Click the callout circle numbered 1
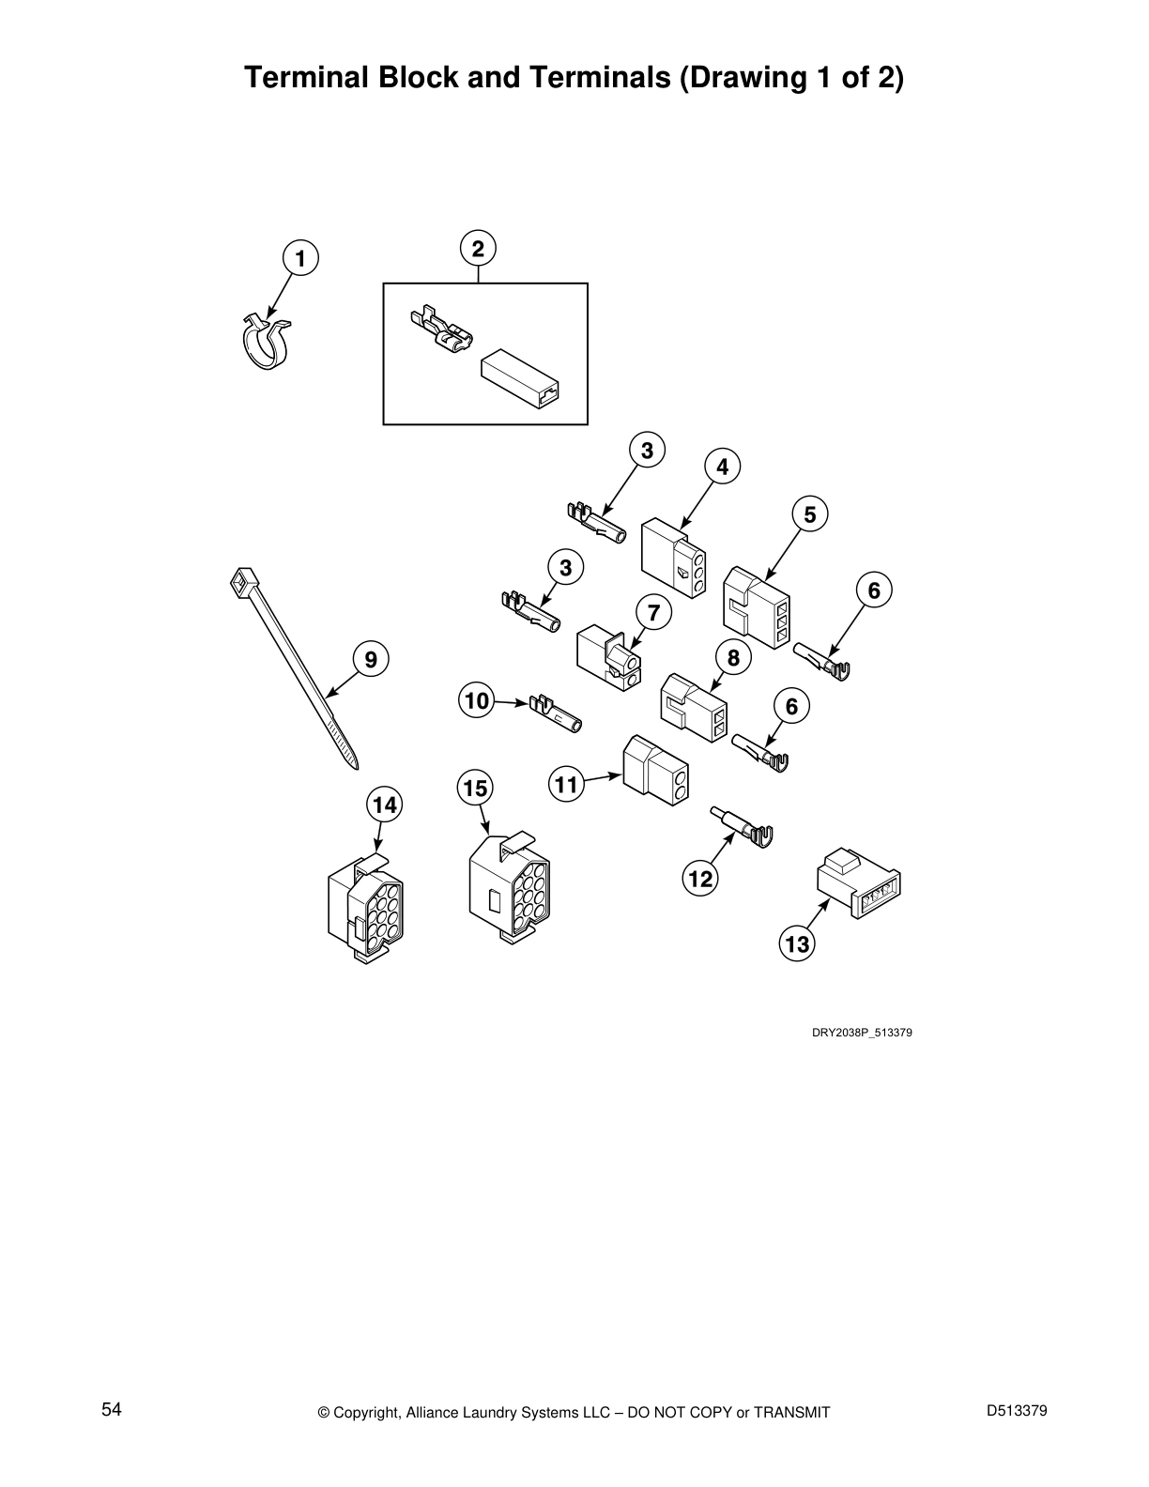pyautogui.click(x=300, y=258)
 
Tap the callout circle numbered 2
pyautogui.click(x=478, y=248)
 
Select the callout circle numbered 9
pyautogui.click(x=370, y=659)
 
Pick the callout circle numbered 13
pyautogui.click(x=797, y=943)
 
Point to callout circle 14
pyautogui.click(x=385, y=805)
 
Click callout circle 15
pyautogui.click(x=475, y=788)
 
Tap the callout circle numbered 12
pyautogui.click(x=700, y=878)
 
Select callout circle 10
pyautogui.click(x=476, y=700)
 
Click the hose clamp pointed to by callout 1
pyautogui.click(x=267, y=341)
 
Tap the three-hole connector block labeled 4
pyautogui.click(x=673, y=557)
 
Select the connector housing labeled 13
pyautogui.click(x=859, y=884)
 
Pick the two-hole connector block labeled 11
pyautogui.click(x=655, y=769)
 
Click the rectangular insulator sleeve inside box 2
pyautogui.click(x=519, y=380)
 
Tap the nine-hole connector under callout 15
pyautogui.click(x=509, y=887)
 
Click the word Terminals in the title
pyautogui.click(x=600, y=77)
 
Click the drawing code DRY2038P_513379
pyautogui.click(x=862, y=1033)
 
